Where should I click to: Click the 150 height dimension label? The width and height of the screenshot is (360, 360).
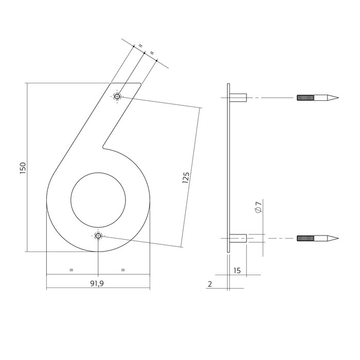[x=22, y=168]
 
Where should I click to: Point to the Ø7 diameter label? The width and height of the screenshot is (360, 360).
[x=259, y=208]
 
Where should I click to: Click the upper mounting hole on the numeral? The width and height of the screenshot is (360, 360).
[x=118, y=97]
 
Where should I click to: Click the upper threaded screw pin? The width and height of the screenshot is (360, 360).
[x=317, y=97]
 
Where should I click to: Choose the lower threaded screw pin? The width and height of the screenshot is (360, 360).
[x=317, y=238]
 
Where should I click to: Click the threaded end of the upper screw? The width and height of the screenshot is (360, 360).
[x=304, y=97]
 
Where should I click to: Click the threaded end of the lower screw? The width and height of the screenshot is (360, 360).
[x=304, y=238]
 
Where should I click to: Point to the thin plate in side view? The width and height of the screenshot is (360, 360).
[x=228, y=168]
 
